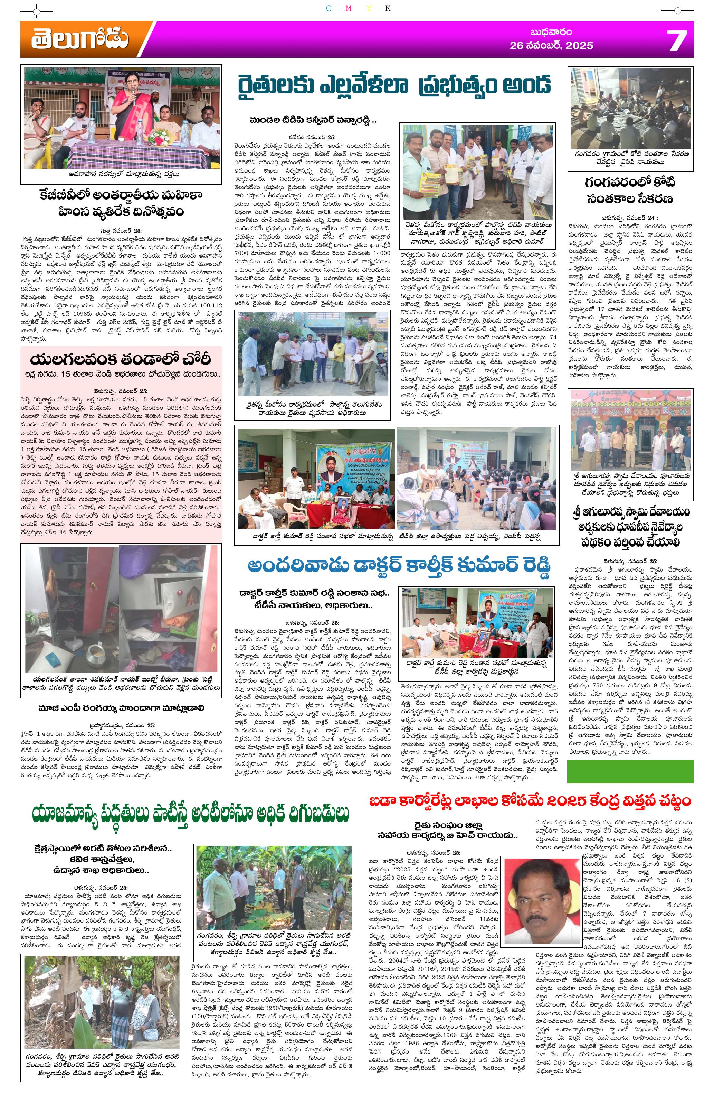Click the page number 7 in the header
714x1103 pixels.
point(676,41)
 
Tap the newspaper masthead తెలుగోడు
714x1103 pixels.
point(80,39)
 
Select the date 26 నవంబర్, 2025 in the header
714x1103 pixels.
point(551,45)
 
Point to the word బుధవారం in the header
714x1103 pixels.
point(551,32)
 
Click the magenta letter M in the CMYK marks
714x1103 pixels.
point(348,8)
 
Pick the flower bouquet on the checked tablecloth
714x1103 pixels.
point(161,137)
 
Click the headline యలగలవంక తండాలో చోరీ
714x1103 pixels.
point(121,360)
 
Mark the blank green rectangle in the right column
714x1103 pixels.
point(630,772)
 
